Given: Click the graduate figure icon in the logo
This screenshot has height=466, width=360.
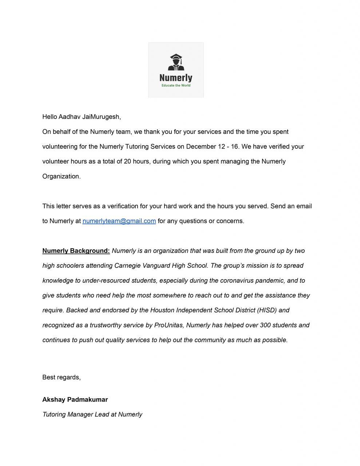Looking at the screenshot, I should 176,62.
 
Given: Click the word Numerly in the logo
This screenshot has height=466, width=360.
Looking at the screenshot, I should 176,78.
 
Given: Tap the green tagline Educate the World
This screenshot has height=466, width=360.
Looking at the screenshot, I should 176,86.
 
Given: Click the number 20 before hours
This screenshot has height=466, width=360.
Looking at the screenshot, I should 127,162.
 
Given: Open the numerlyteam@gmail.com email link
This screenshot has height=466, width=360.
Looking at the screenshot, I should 119,221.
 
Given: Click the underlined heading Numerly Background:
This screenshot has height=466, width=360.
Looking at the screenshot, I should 76,251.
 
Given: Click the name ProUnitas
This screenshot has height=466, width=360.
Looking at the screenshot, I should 169,325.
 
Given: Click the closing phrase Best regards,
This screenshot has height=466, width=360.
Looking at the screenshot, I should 62,378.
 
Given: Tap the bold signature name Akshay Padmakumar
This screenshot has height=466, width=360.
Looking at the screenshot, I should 75,400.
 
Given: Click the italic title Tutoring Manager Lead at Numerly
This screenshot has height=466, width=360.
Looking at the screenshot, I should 92,415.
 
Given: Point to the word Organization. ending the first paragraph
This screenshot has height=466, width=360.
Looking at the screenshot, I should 62,177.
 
